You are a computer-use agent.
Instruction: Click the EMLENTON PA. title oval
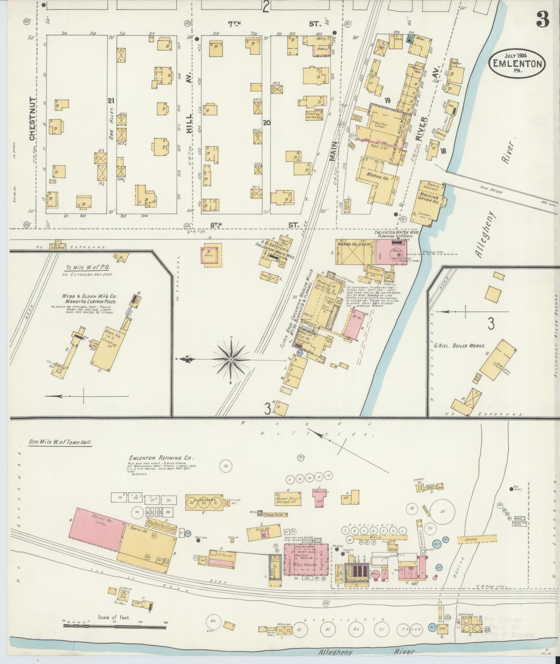tap(517, 63)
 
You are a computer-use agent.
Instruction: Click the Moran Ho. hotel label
tap(378, 175)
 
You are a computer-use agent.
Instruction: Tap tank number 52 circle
tap(226, 466)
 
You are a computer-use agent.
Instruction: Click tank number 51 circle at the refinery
tap(442, 512)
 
